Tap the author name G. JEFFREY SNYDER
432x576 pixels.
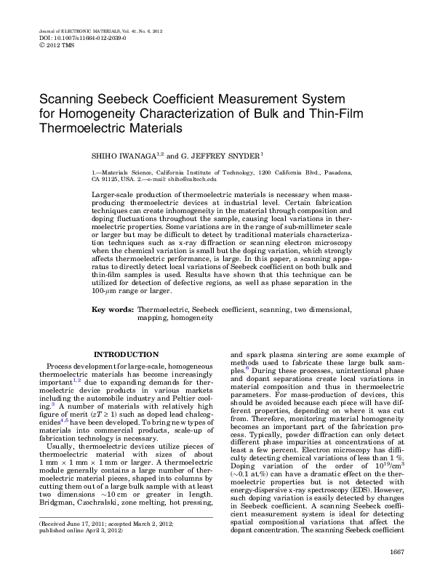(x=223, y=156)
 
